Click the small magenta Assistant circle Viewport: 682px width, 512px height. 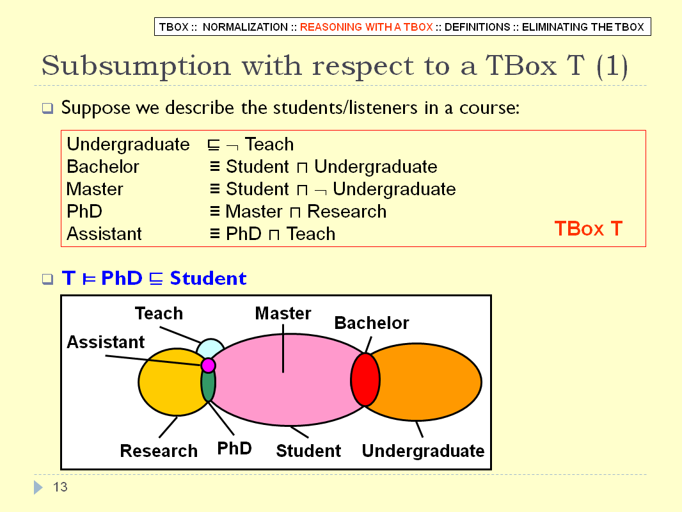(209, 365)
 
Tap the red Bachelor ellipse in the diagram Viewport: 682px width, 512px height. (365, 380)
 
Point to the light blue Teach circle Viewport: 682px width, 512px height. (210, 348)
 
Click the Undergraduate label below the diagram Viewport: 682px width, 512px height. (423, 451)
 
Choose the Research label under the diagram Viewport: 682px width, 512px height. (159, 451)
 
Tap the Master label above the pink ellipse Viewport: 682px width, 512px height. (283, 313)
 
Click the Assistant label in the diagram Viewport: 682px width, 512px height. (106, 342)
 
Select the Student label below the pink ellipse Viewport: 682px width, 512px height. (308, 451)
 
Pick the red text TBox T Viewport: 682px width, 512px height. (589, 228)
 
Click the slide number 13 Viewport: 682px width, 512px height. (60, 487)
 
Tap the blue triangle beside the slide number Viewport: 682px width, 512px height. (38, 487)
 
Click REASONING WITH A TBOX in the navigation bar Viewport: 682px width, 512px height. (366, 27)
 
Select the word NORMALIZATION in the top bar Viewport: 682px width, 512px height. (245, 27)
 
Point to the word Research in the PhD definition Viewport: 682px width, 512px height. (347, 211)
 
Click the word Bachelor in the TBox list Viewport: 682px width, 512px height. (102, 166)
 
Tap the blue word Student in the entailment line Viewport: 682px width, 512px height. (208, 278)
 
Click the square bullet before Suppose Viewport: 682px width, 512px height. (48, 108)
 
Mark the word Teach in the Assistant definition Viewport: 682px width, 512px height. (310, 234)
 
